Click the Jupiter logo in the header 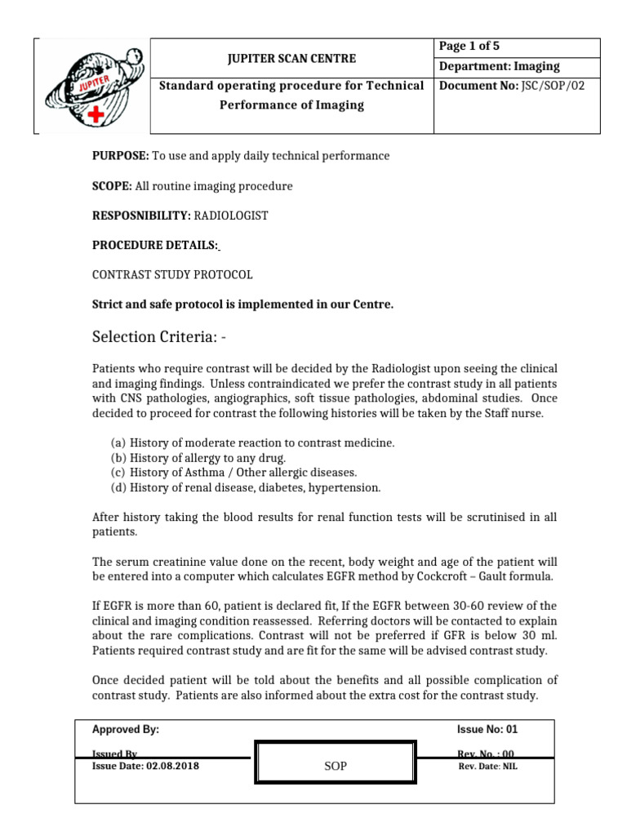pyautogui.click(x=91, y=84)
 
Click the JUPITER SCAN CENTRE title pyautogui.click(x=291, y=59)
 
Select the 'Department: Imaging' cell pyautogui.click(x=500, y=67)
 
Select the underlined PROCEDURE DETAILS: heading pyautogui.click(x=154, y=245)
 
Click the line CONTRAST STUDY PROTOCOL pyautogui.click(x=171, y=274)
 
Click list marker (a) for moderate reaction pyautogui.click(x=118, y=442)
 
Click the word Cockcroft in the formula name pyautogui.click(x=459, y=576)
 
